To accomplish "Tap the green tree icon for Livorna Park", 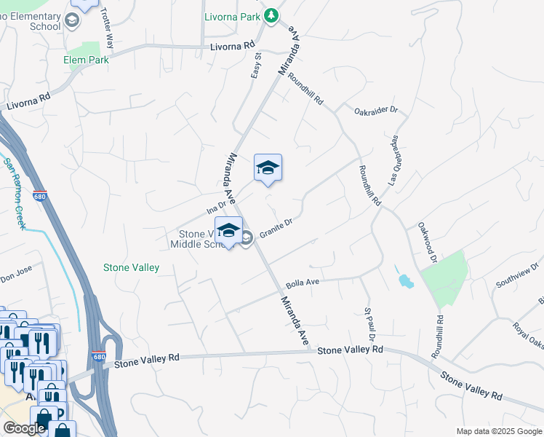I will tap(271, 15).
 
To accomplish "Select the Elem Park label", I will tap(86, 60).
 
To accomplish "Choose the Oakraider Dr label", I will tap(376, 111).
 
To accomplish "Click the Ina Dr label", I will tap(217, 206).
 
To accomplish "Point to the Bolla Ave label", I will tap(303, 282).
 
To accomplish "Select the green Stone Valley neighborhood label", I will tap(131, 267).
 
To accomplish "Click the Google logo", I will tap(24, 428).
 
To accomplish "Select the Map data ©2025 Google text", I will tap(498, 431).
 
